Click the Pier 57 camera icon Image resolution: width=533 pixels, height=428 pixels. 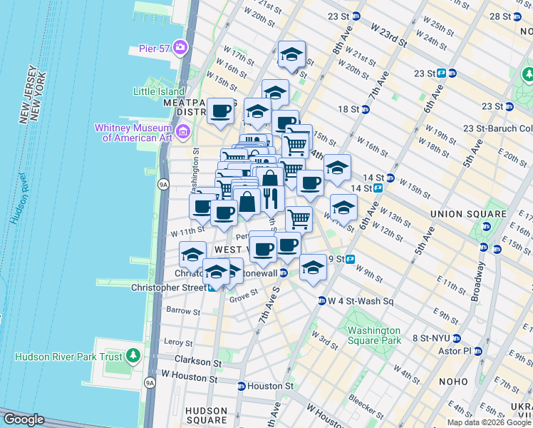pyautogui.click(x=180, y=48)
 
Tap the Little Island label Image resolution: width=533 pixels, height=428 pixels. pyautogui.click(x=159, y=91)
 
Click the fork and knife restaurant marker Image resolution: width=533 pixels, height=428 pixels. pyautogui.click(x=270, y=198)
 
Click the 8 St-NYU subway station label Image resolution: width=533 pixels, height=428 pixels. pyautogui.click(x=429, y=339)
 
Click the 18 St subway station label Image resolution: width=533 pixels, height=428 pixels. pyautogui.click(x=348, y=108)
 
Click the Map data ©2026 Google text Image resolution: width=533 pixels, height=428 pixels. pyautogui.click(x=489, y=422)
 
